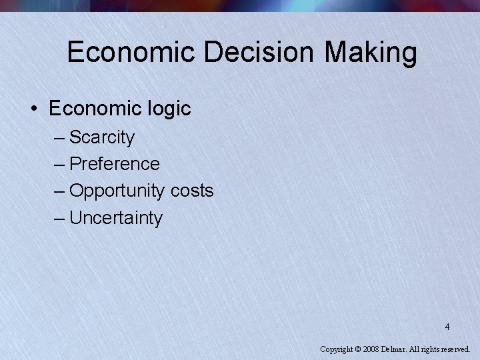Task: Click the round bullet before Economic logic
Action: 35,109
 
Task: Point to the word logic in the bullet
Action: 167,109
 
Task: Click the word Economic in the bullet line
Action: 93,108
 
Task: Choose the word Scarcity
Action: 102,138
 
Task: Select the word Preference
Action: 115,164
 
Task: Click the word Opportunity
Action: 117,191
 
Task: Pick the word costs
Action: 192,191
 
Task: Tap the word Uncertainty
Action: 116,218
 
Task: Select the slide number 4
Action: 447,327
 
